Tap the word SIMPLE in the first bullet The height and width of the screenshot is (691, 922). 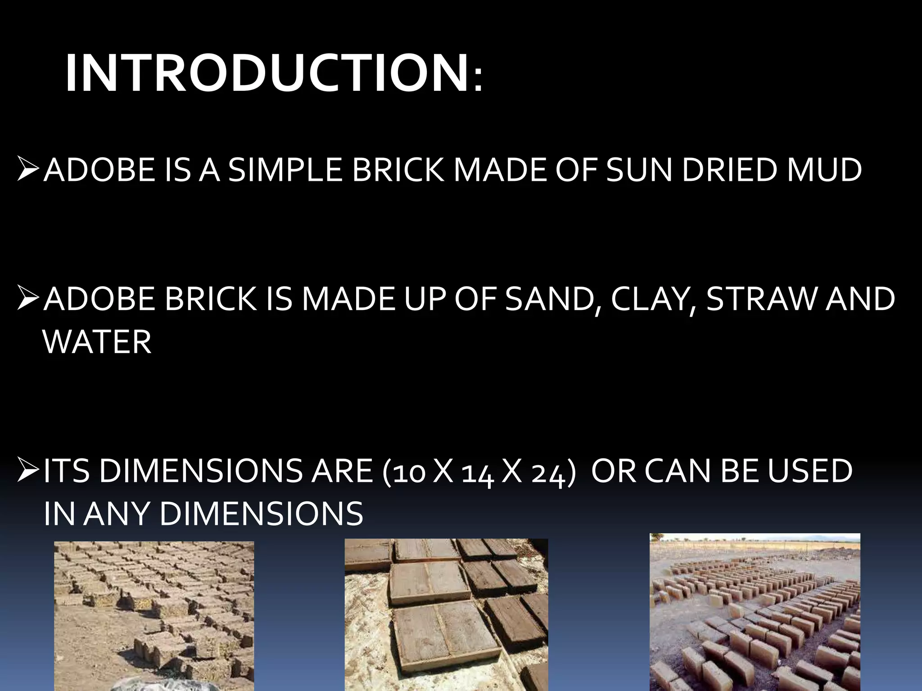(285, 171)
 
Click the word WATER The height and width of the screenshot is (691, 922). (97, 342)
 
